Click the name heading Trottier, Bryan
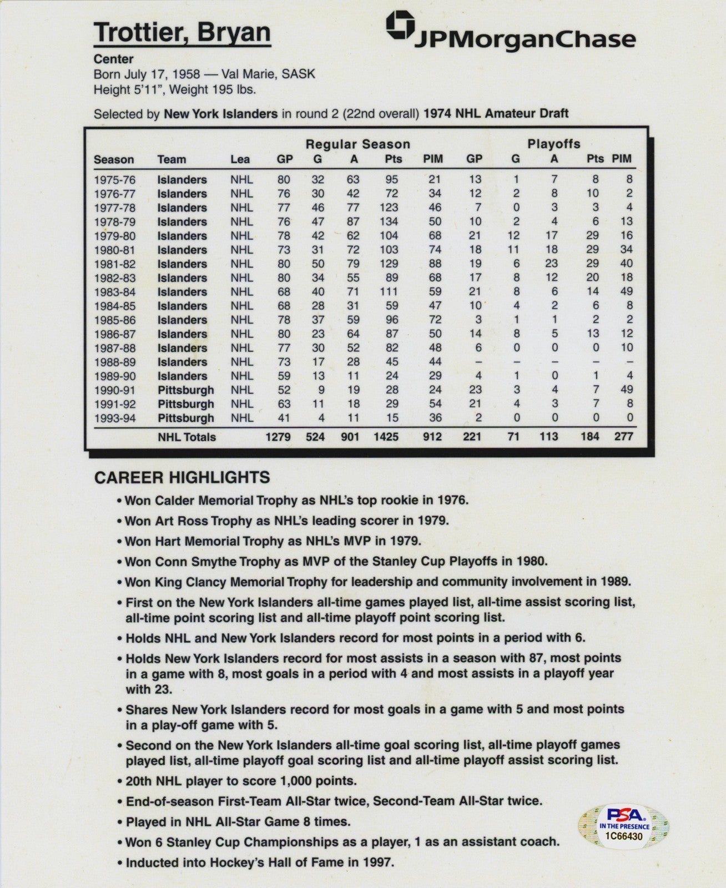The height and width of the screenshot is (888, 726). point(182,33)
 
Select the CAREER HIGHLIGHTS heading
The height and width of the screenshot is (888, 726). point(182,478)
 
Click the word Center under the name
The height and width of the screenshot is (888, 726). point(113,59)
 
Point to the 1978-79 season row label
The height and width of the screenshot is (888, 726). point(114,222)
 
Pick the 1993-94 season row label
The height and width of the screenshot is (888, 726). point(114,418)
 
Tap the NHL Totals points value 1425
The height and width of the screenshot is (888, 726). point(386,437)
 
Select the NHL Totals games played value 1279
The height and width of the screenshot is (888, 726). point(278,437)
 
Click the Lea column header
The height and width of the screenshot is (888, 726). point(240,160)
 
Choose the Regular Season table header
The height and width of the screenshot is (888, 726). point(358,144)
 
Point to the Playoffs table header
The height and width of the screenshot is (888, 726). point(553,144)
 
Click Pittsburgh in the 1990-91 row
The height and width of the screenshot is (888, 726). point(185,390)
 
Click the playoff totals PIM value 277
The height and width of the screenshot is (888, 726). point(623,437)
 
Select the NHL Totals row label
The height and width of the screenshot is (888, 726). point(186,437)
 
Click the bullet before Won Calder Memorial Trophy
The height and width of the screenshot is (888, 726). point(119,501)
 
